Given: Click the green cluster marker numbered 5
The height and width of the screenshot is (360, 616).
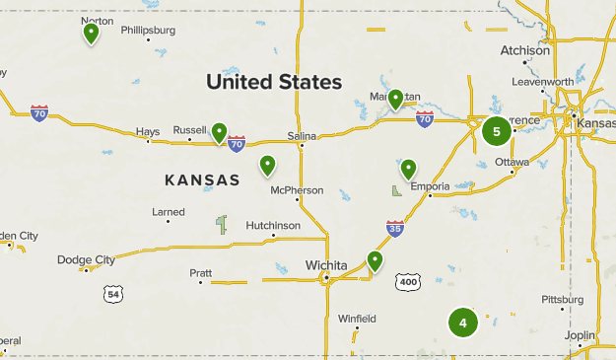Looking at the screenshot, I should [x=497, y=130].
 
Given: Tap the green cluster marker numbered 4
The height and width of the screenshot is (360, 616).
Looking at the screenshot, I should [x=462, y=323].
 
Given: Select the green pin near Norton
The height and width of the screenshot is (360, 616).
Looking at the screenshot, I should [x=92, y=34].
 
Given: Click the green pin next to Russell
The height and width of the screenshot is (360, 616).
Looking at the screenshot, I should [x=220, y=132].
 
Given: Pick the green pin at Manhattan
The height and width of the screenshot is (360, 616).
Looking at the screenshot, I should [x=395, y=99].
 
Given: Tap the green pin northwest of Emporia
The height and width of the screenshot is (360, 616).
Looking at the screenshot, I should [x=408, y=169].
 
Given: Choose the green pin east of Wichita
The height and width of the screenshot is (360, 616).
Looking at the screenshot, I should [x=375, y=260].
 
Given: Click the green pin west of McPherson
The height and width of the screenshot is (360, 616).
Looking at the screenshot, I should [x=267, y=165].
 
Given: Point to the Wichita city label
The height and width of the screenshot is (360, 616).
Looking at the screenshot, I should [x=325, y=265].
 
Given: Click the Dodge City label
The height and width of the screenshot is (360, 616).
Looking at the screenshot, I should [x=86, y=260].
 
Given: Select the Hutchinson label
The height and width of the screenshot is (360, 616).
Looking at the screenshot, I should [x=273, y=226].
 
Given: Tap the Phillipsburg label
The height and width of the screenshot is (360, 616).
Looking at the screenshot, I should [x=148, y=31].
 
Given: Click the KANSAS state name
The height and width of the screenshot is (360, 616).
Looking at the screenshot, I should [x=202, y=180].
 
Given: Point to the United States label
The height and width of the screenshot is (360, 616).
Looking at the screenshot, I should [x=274, y=82].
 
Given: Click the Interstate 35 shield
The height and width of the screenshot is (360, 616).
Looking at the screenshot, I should [x=394, y=229].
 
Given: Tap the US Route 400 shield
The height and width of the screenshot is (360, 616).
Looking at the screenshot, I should [x=407, y=282].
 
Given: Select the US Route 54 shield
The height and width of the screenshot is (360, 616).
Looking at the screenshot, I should [x=115, y=294].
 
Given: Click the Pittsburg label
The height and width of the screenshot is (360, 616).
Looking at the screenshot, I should [x=564, y=300].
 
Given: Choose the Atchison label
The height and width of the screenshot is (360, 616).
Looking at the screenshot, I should [x=525, y=50].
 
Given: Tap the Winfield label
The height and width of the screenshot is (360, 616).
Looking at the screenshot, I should [x=357, y=320].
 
